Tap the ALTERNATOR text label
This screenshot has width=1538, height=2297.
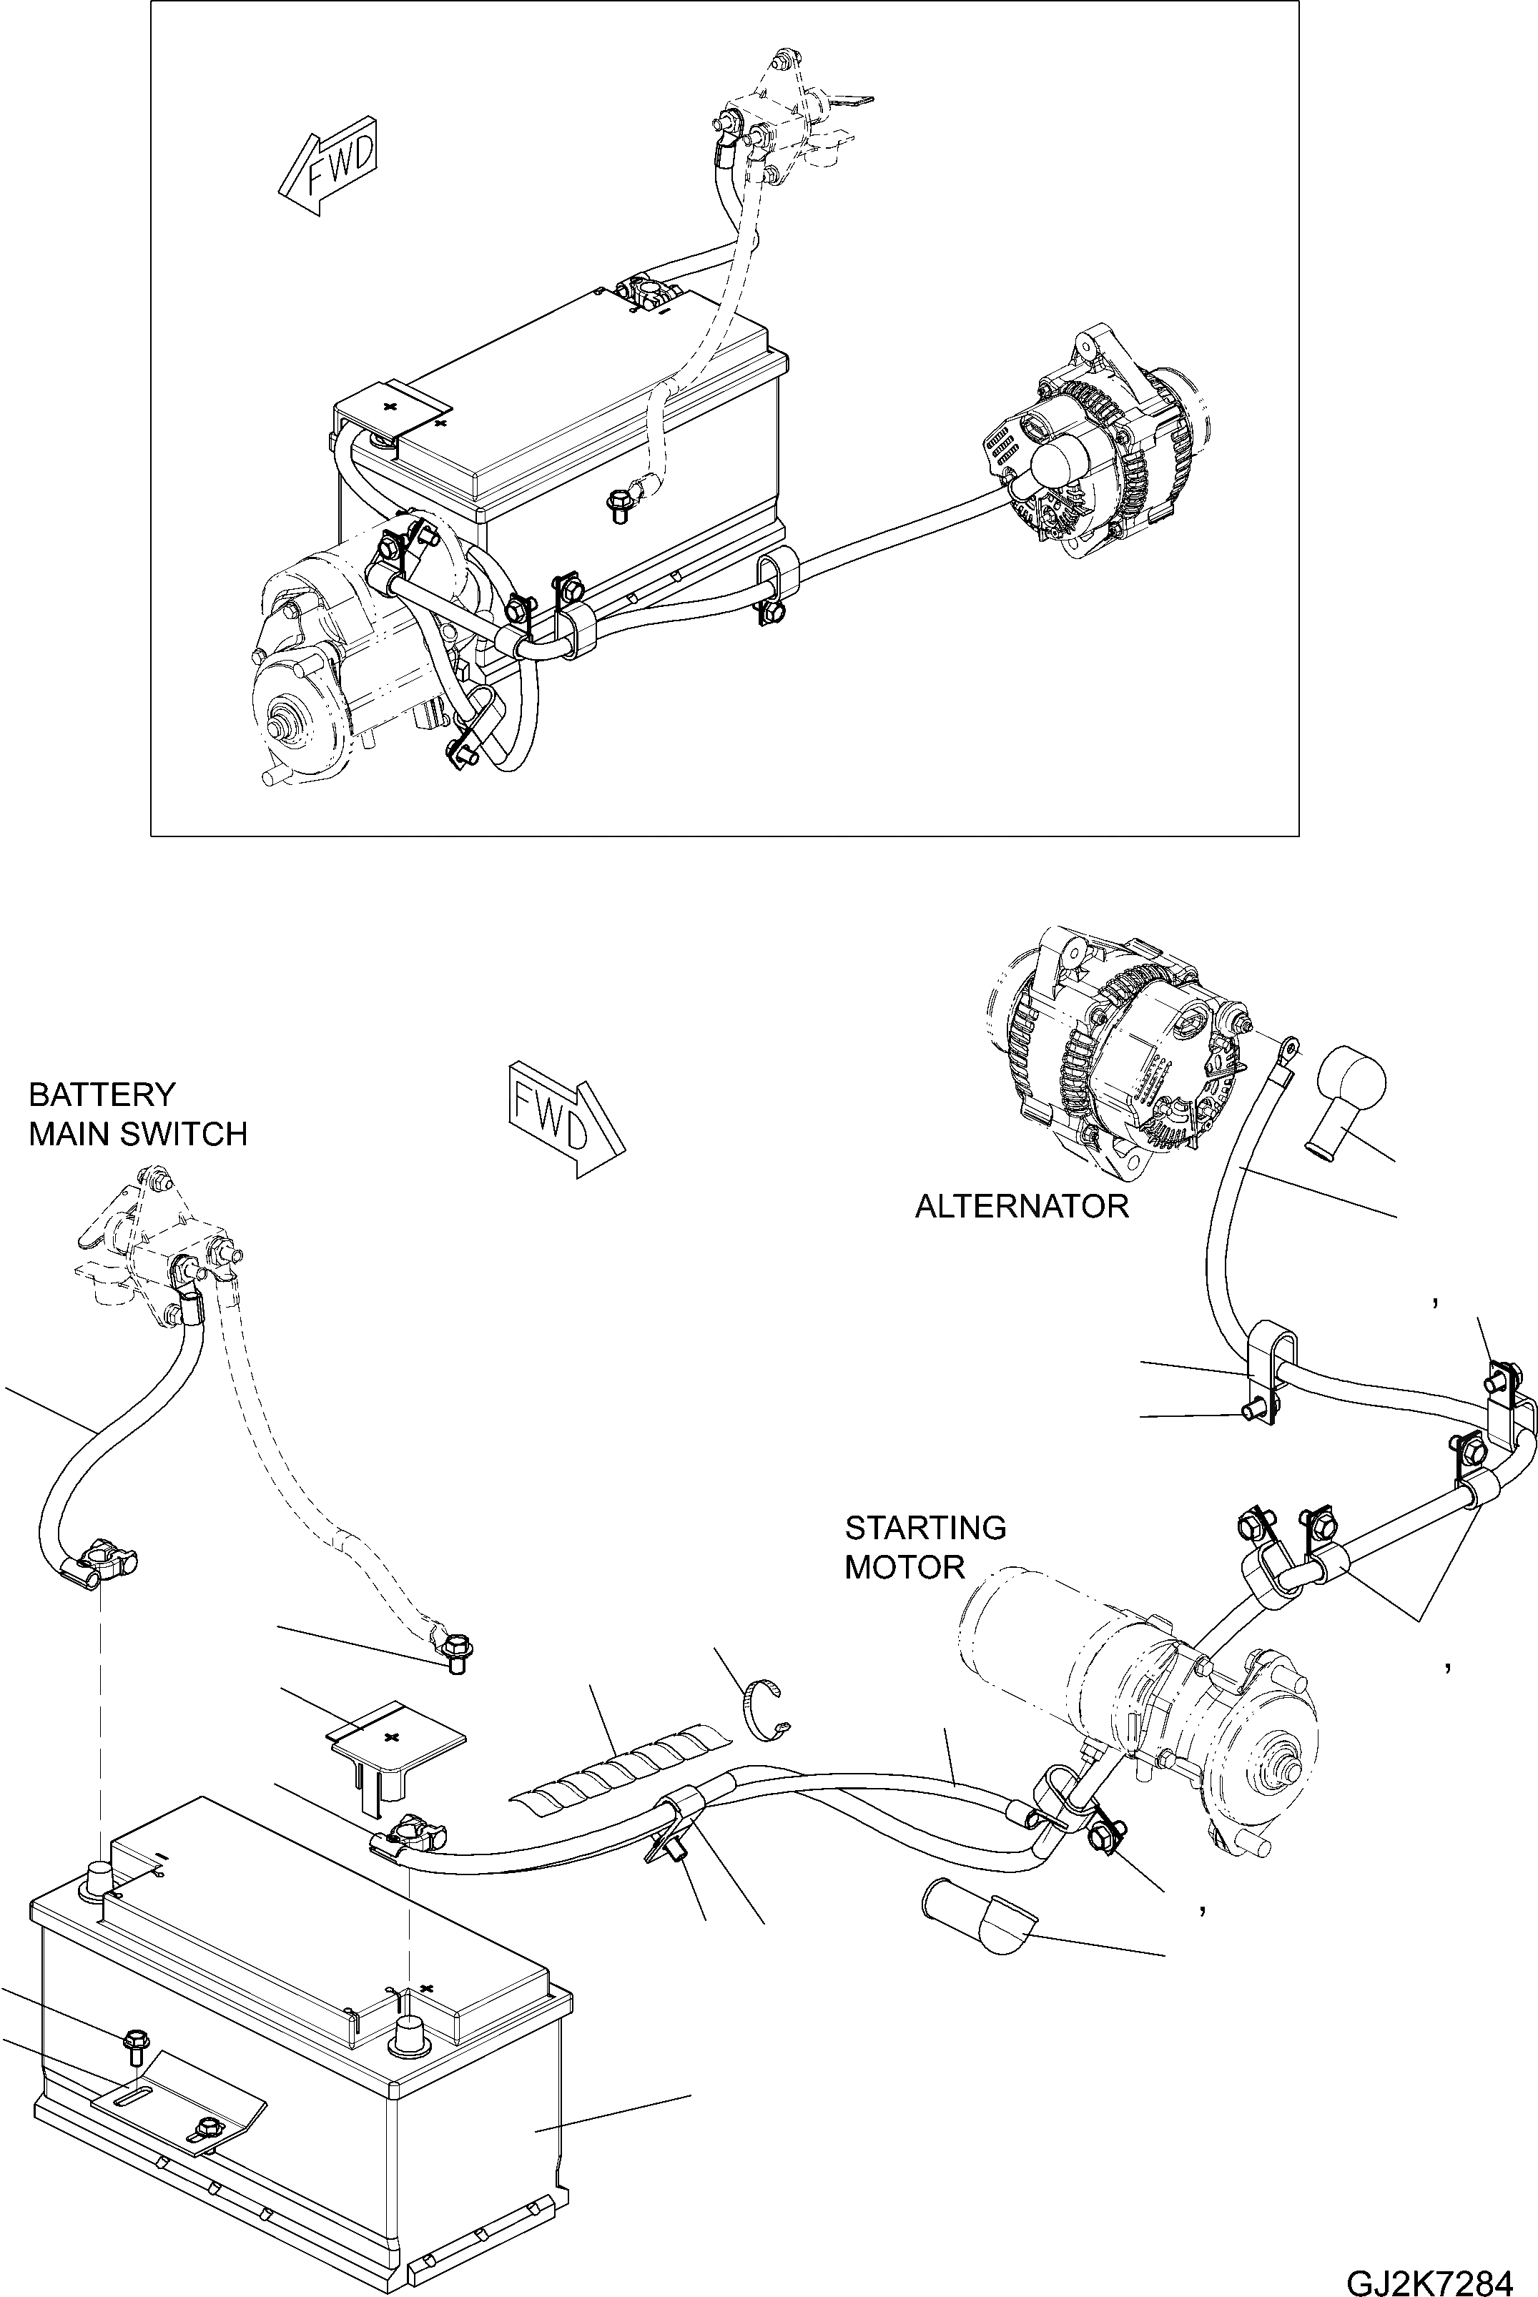point(1021,1206)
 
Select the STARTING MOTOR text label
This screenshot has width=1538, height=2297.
point(925,1546)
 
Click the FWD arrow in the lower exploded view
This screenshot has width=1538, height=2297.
point(565,1117)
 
